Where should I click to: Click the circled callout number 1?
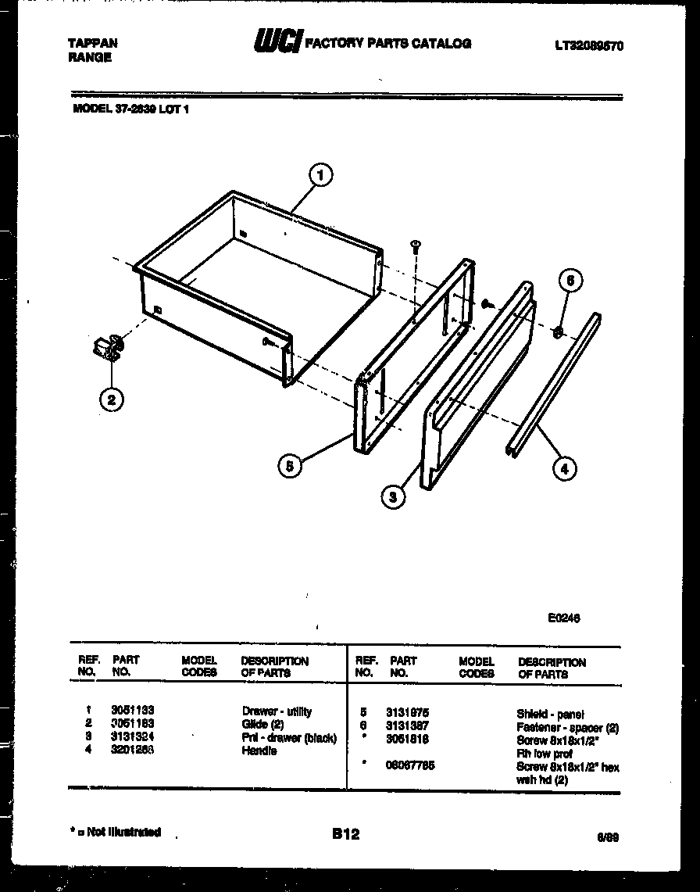click(x=321, y=176)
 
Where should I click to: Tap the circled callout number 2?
click(x=112, y=400)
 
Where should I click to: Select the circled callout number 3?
click(x=395, y=496)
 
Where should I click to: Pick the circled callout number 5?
click(x=291, y=467)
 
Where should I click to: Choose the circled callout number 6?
click(x=570, y=281)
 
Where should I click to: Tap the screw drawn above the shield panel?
click(x=416, y=246)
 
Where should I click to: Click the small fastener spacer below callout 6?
click(x=559, y=332)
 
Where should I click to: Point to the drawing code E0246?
click(x=563, y=617)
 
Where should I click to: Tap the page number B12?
click(x=345, y=834)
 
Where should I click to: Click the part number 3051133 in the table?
click(x=132, y=711)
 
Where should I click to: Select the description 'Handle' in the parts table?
click(x=259, y=751)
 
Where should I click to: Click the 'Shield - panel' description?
click(x=551, y=714)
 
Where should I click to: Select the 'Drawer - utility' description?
click(x=277, y=711)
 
